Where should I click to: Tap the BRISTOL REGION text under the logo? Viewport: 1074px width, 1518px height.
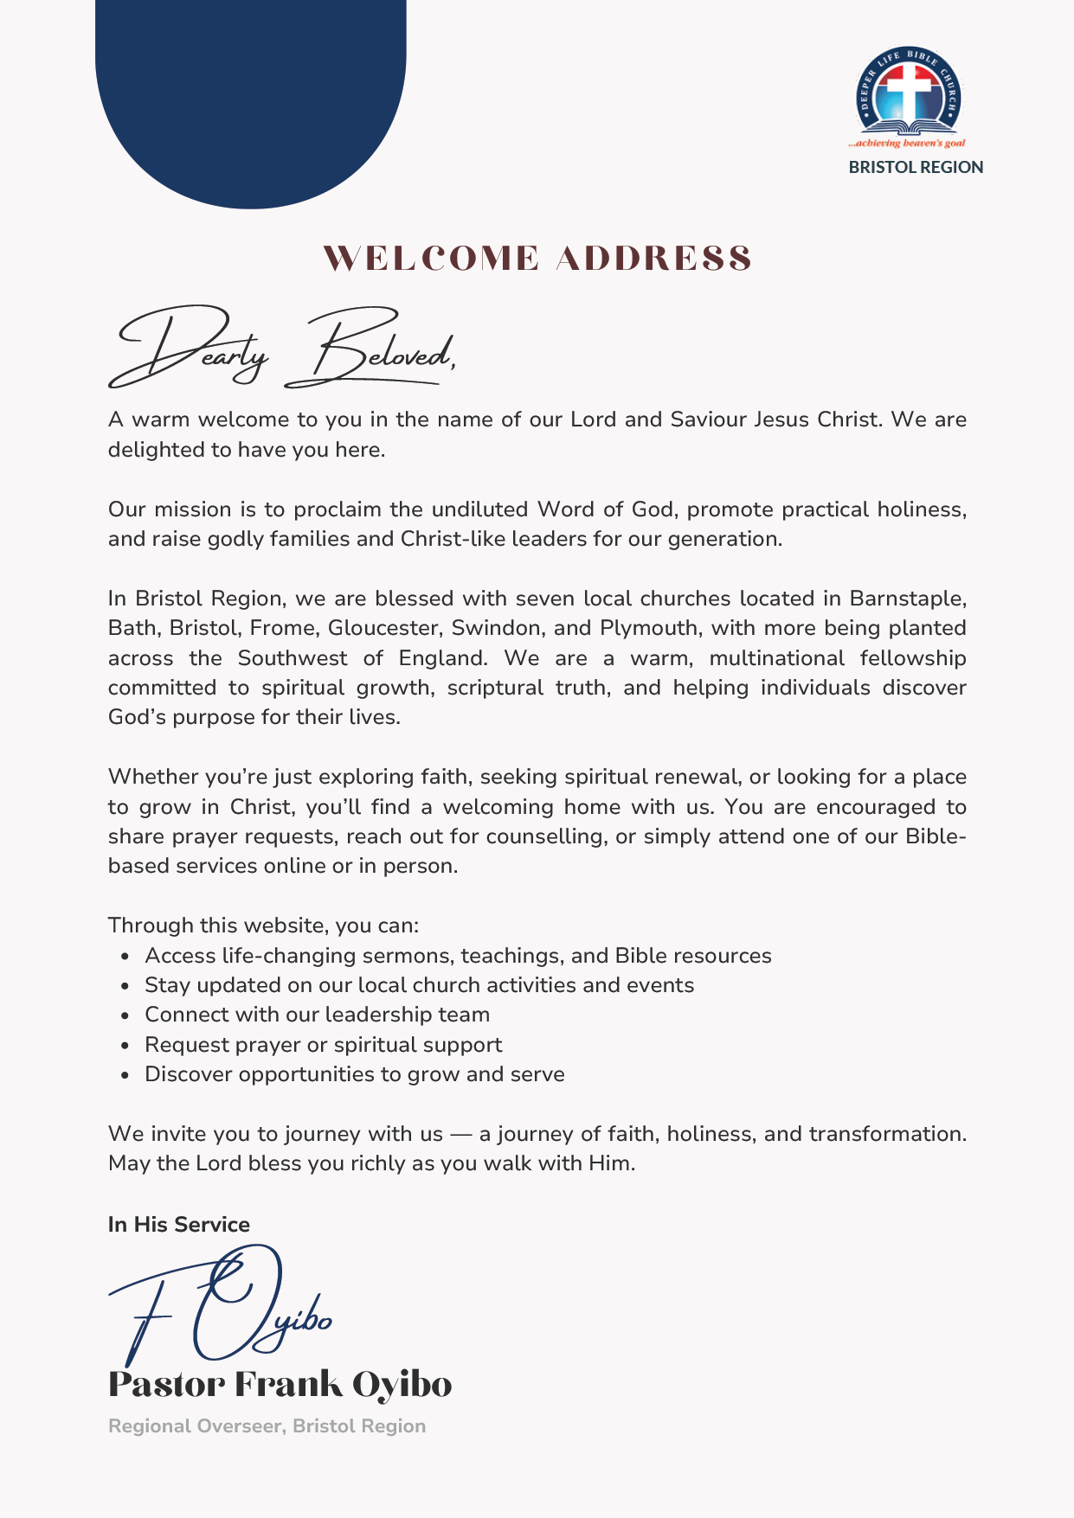pyautogui.click(x=916, y=167)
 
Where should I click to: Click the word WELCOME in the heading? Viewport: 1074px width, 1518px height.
pyautogui.click(x=431, y=259)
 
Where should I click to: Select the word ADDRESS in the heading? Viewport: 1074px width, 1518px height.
pyautogui.click(x=653, y=259)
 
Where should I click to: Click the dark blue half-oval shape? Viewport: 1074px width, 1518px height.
pyautogui.click(x=251, y=95)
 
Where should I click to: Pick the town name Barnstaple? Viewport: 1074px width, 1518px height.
pyautogui.click(x=907, y=599)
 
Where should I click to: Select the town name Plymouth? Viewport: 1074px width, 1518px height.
pyautogui.click(x=648, y=628)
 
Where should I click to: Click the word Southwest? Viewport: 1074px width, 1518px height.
pyautogui.click(x=293, y=658)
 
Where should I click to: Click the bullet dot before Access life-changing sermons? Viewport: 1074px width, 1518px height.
pyautogui.click(x=126, y=957)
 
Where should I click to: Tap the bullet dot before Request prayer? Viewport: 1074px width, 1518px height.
pyautogui.click(x=126, y=1046)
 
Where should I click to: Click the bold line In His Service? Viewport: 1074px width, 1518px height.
pyautogui.click(x=179, y=1224)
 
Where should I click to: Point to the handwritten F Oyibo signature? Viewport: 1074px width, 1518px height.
pyautogui.click(x=221, y=1306)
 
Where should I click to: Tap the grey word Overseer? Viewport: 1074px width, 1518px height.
pyautogui.click(x=238, y=1426)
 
